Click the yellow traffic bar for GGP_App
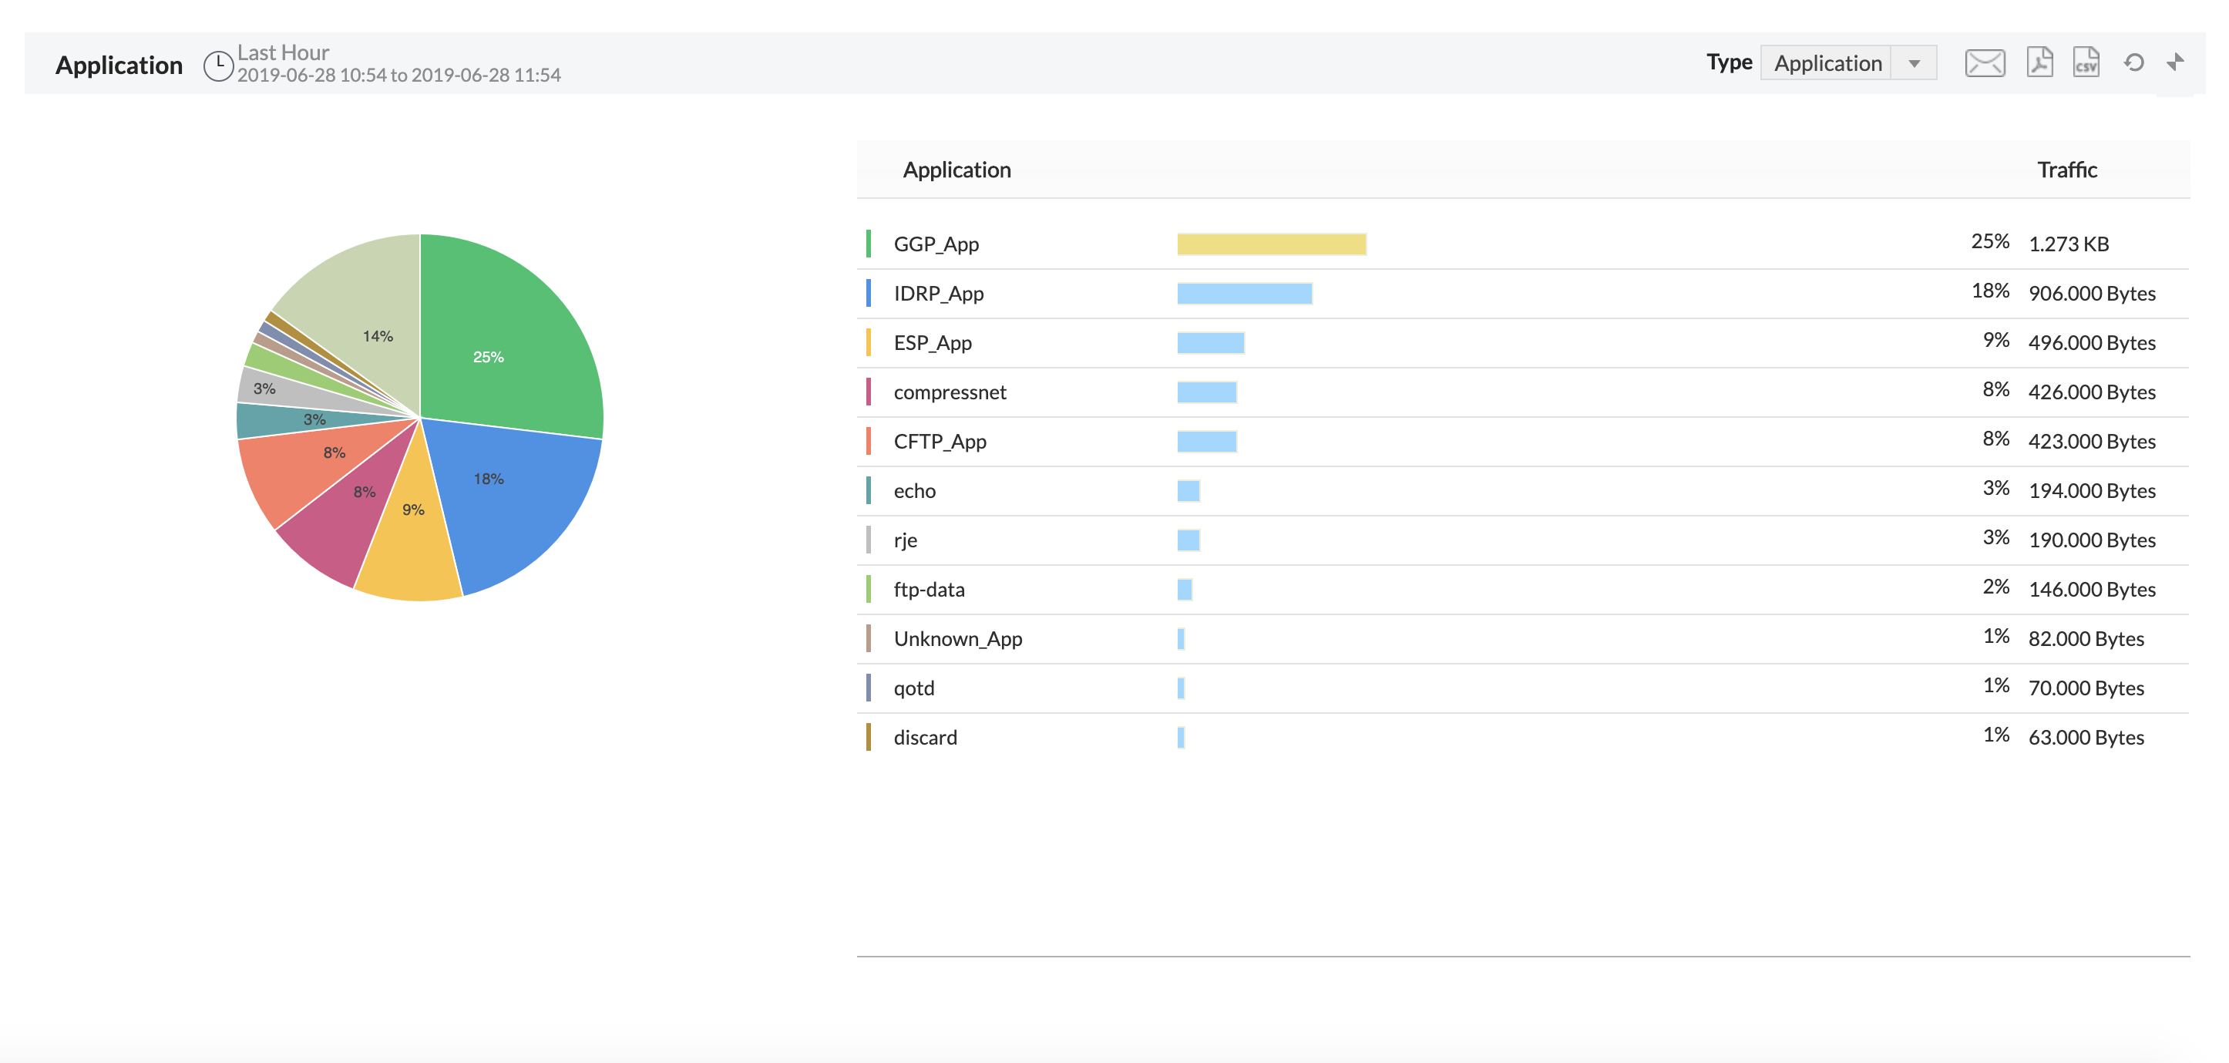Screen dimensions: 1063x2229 [x=1271, y=244]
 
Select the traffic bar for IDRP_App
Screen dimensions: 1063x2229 [x=1244, y=294]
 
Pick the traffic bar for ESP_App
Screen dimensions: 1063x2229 [x=1211, y=343]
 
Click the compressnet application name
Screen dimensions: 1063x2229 [x=950, y=392]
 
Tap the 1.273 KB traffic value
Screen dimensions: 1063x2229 [x=2068, y=244]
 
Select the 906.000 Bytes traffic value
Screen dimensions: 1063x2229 [x=2091, y=294]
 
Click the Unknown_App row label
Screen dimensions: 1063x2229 [x=957, y=639]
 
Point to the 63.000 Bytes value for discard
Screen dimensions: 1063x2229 [x=2086, y=738]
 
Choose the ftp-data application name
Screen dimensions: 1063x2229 [x=929, y=590]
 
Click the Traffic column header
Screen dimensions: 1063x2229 [x=2066, y=170]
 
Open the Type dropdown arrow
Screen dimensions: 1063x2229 [x=1914, y=63]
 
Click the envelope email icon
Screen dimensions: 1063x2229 [x=1984, y=63]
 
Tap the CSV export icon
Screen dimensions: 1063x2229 [x=2086, y=62]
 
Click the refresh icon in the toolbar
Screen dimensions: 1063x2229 [x=2134, y=62]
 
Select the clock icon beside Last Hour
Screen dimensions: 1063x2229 [x=218, y=66]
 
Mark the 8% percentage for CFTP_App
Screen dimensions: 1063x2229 [x=1995, y=439]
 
